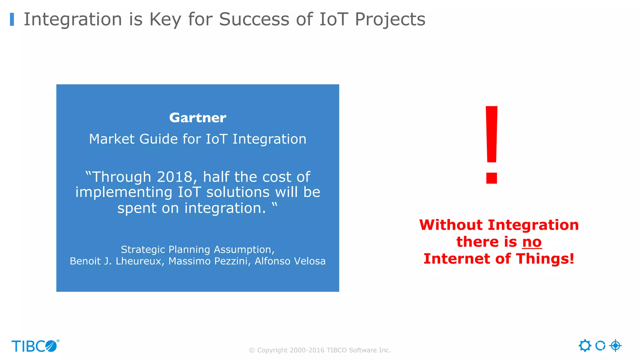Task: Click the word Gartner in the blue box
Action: point(197,118)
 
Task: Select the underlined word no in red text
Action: point(532,242)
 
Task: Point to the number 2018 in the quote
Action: point(175,177)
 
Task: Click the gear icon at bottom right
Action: point(585,346)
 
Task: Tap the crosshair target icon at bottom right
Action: point(615,346)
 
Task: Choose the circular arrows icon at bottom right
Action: point(600,346)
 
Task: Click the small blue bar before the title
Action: point(12,19)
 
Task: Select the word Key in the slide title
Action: point(165,19)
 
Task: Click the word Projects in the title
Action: point(390,19)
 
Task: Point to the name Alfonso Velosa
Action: point(290,261)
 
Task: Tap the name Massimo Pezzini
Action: point(208,261)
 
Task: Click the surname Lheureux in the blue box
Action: point(138,261)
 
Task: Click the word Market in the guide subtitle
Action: point(112,139)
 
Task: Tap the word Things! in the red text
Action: point(545,259)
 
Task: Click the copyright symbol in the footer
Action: point(252,350)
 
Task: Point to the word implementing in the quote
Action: point(124,192)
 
